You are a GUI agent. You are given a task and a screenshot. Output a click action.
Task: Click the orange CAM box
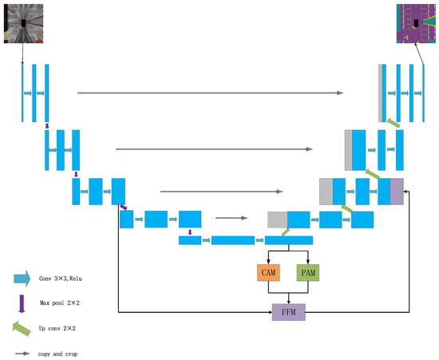[x=267, y=273]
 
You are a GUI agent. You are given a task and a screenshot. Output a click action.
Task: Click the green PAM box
[x=307, y=273]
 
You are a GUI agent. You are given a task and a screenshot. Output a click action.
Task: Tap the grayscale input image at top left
[x=22, y=23]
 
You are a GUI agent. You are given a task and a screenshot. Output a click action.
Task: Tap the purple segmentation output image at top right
[x=417, y=23]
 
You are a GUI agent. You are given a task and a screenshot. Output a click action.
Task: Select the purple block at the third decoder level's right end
[x=397, y=192]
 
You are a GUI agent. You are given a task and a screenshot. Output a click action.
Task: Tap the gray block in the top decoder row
[x=381, y=93]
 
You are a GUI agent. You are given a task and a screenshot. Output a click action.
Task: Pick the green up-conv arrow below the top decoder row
[x=392, y=121]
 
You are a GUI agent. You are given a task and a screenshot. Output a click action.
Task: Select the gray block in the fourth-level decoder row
[x=277, y=219]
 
